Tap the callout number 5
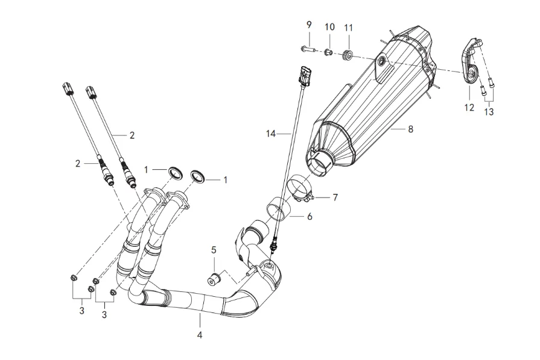point(214,250)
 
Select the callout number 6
point(310,216)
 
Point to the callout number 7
point(336,197)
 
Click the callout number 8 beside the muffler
point(411,129)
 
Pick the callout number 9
point(309,25)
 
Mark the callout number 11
point(349,28)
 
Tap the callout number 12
point(469,108)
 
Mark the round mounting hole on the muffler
point(382,61)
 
